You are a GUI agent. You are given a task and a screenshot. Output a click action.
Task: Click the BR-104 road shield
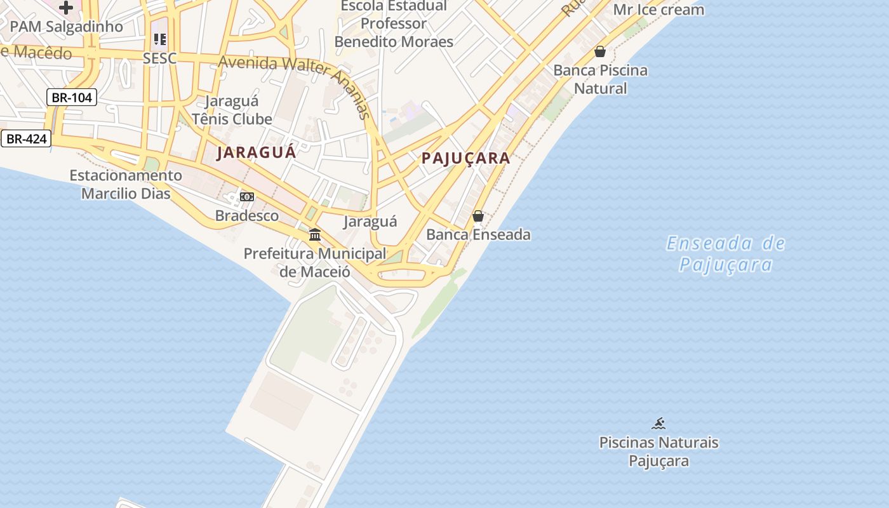tap(71, 97)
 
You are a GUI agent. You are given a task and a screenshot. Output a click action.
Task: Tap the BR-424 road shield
tap(26, 138)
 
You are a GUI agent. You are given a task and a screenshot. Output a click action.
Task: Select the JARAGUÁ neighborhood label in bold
tap(257, 153)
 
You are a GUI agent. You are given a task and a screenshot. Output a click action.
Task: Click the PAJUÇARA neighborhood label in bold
tap(466, 159)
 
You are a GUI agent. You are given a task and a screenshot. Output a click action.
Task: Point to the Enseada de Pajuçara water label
tap(726, 253)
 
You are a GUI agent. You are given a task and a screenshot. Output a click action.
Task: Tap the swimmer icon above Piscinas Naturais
tap(658, 424)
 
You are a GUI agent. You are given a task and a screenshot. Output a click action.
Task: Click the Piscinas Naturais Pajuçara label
tap(658, 451)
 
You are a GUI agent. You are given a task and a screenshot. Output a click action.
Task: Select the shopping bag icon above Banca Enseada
tap(478, 217)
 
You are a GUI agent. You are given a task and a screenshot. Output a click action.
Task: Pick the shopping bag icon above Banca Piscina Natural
tap(600, 51)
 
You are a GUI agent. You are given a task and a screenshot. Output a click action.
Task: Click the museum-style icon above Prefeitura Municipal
tap(314, 235)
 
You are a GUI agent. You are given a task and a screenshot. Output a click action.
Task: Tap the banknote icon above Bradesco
tap(247, 197)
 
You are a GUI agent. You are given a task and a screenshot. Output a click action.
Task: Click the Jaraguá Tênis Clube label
tap(232, 110)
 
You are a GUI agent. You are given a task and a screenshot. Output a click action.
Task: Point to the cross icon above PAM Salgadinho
tap(66, 8)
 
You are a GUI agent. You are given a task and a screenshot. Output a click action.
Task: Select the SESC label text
tap(159, 58)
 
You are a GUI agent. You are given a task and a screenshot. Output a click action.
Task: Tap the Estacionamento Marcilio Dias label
tap(126, 184)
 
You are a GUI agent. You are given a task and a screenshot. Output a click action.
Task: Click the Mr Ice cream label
tap(658, 10)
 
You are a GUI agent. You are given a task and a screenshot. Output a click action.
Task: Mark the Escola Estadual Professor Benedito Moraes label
tap(394, 24)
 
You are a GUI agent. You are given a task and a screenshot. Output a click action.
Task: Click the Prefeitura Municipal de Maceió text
tap(315, 262)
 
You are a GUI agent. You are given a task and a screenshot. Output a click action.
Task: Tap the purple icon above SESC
tap(159, 39)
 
